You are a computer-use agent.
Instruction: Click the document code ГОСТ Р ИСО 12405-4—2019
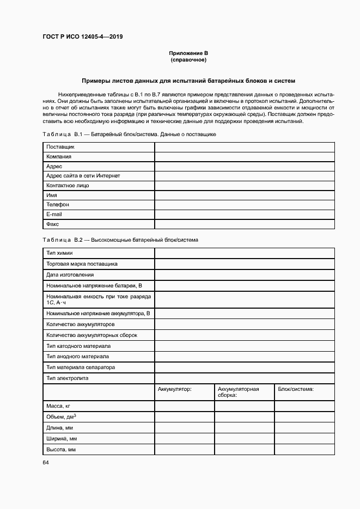[82, 36]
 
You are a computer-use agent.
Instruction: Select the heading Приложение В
[188, 53]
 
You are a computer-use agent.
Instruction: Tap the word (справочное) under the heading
[188, 59]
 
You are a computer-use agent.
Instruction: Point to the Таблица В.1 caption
[130, 134]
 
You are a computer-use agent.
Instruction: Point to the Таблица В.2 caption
[120, 240]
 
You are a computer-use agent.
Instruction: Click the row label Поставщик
[60, 147]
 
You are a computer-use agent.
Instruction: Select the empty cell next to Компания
[245, 157]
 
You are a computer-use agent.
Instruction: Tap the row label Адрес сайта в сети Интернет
[83, 176]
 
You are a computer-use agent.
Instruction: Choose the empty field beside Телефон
[245, 205]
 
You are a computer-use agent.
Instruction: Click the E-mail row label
[54, 214]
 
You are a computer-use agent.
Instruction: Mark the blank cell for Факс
[245, 224]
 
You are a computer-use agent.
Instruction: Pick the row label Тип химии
[60, 253]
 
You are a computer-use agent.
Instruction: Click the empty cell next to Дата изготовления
[245, 275]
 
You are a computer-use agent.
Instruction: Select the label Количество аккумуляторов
[81, 324]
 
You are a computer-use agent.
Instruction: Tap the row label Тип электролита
[68, 378]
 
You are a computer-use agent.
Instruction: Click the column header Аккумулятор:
[175, 389]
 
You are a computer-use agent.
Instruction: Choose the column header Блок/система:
[296, 389]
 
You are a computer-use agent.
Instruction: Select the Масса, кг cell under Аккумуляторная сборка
[244, 406]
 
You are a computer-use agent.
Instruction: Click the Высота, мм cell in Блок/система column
[304, 450]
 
